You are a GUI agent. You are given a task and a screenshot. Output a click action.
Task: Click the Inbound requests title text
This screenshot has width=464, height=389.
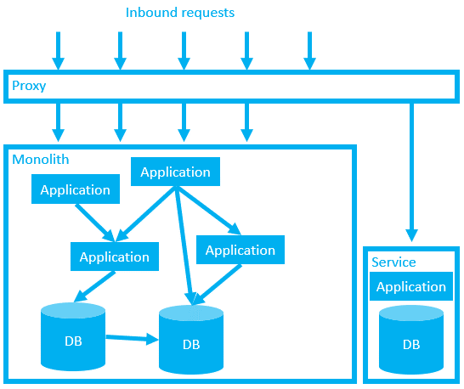(x=180, y=13)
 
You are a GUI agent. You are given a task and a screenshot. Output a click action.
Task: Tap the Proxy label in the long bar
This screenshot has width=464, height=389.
(x=29, y=86)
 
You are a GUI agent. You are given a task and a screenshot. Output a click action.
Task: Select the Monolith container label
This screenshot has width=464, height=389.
(x=41, y=159)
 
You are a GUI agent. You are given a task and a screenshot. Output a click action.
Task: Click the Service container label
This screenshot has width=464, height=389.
(x=393, y=262)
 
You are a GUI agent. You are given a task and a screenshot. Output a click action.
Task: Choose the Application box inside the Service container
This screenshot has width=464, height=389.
(x=410, y=286)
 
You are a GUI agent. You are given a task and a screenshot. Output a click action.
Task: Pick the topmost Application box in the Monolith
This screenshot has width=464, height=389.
(x=175, y=172)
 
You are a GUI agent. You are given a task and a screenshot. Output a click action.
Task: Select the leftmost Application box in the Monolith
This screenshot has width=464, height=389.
(x=75, y=189)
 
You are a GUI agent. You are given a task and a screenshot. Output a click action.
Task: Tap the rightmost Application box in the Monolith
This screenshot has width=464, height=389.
(x=240, y=250)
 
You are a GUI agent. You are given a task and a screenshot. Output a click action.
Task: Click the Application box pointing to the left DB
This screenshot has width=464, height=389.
(x=114, y=257)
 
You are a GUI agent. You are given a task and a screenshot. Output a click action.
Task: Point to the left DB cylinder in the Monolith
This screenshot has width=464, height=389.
(x=73, y=337)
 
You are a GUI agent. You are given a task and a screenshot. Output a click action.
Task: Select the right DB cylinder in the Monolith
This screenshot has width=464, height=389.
(x=191, y=341)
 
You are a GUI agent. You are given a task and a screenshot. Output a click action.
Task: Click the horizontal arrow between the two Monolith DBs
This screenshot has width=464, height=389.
(x=132, y=338)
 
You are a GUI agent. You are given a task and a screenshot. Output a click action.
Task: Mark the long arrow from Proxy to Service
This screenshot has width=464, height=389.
(x=412, y=170)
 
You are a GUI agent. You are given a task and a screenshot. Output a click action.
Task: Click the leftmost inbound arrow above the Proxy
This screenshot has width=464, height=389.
(x=58, y=50)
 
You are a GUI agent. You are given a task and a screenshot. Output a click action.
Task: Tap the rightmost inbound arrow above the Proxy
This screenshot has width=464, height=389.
(x=309, y=50)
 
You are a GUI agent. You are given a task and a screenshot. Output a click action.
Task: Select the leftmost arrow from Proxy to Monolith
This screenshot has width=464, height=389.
(x=58, y=121)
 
